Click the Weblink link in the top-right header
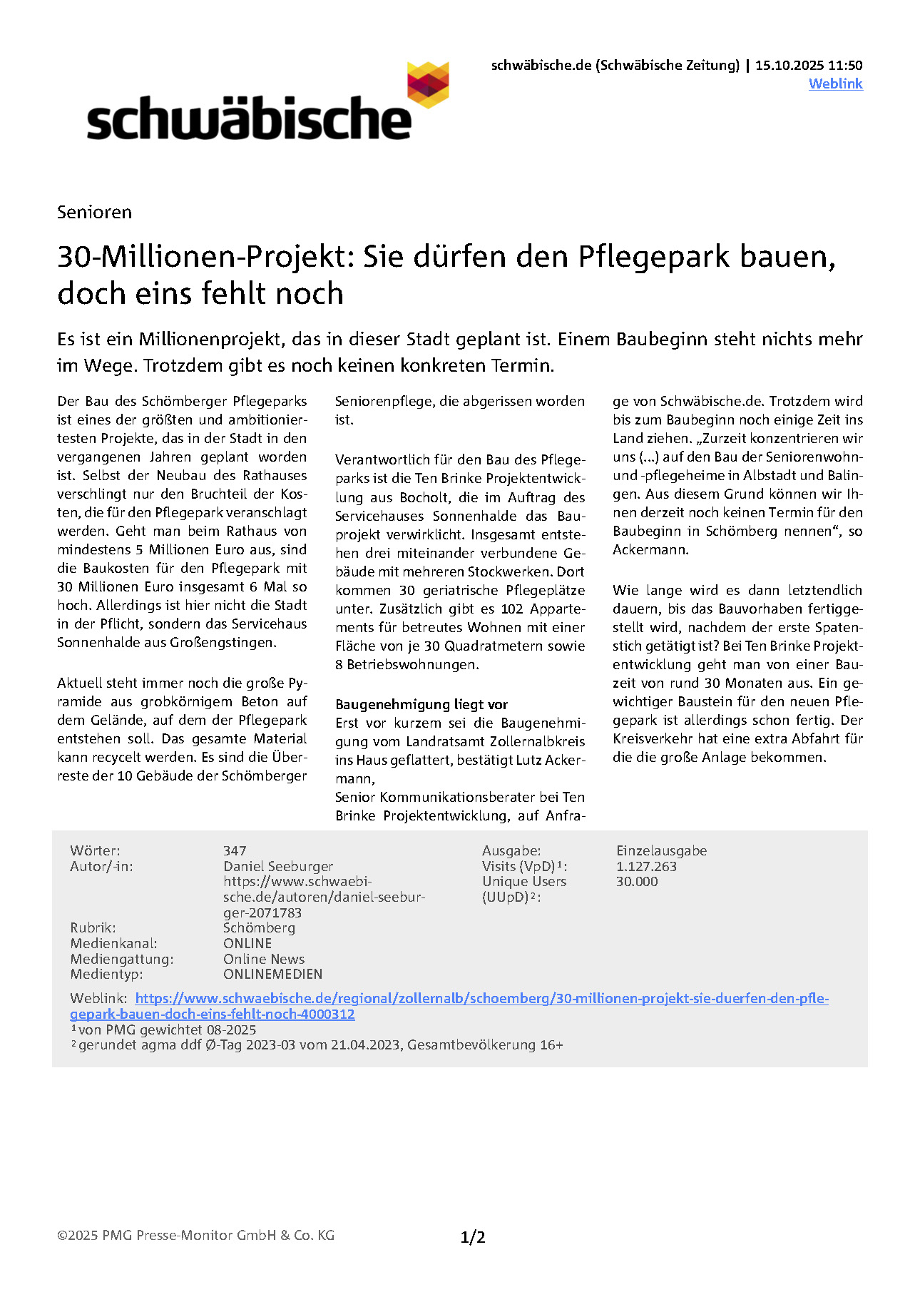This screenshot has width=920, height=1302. tap(835, 83)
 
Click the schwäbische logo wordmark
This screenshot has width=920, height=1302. tap(249, 120)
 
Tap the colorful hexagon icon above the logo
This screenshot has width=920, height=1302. tap(428, 84)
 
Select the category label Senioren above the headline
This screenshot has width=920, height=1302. tap(94, 212)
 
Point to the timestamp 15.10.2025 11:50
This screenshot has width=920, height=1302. tap(809, 65)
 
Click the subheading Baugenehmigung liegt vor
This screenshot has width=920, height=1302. tap(421, 704)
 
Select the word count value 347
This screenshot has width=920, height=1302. tap(235, 850)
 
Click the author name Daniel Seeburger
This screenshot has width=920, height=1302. tap(278, 866)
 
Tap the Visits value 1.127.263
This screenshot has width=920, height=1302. tap(646, 866)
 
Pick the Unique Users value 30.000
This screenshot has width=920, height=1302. tap(637, 881)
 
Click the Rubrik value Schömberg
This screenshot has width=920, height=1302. tap(259, 927)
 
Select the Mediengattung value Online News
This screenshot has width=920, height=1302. tap(264, 959)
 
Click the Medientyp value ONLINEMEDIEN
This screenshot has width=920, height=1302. tap(272, 974)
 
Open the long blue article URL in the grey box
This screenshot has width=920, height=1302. tap(481, 998)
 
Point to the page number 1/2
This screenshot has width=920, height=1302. tap(473, 1237)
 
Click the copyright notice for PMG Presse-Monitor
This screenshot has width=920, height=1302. tap(195, 1235)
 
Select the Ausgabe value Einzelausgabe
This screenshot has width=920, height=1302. tap(661, 850)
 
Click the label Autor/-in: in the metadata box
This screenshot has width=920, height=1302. tap(101, 866)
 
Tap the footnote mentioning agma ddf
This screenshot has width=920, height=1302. tap(320, 1044)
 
